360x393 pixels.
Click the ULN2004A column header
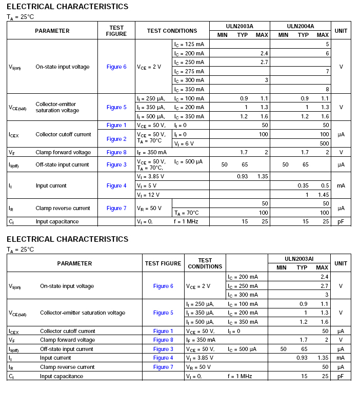pyautogui.click(x=301, y=26)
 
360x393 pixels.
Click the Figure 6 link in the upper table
pyautogui.click(x=116, y=67)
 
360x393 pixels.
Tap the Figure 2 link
pyautogui.click(x=116, y=139)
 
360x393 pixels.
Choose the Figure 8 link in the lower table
pyautogui.click(x=163, y=340)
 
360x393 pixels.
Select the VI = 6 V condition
pyautogui.click(x=184, y=143)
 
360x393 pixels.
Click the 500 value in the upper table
pyautogui.click(x=324, y=143)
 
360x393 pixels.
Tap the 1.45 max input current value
pyautogui.click(x=322, y=195)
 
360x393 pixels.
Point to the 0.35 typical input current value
pyautogui.click(x=303, y=185)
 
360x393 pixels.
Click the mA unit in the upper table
pyautogui.click(x=341, y=185)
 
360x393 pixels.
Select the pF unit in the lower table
pyautogui.click(x=341, y=376)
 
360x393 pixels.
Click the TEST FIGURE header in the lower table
pyautogui.click(x=163, y=263)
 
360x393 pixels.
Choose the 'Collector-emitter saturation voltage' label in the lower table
pyautogui.click(x=83, y=313)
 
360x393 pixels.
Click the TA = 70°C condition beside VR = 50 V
pyautogui.click(x=187, y=213)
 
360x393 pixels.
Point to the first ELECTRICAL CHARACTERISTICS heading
pyautogui.click(x=68, y=7)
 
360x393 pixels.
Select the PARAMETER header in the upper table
pyautogui.click(x=52, y=31)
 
